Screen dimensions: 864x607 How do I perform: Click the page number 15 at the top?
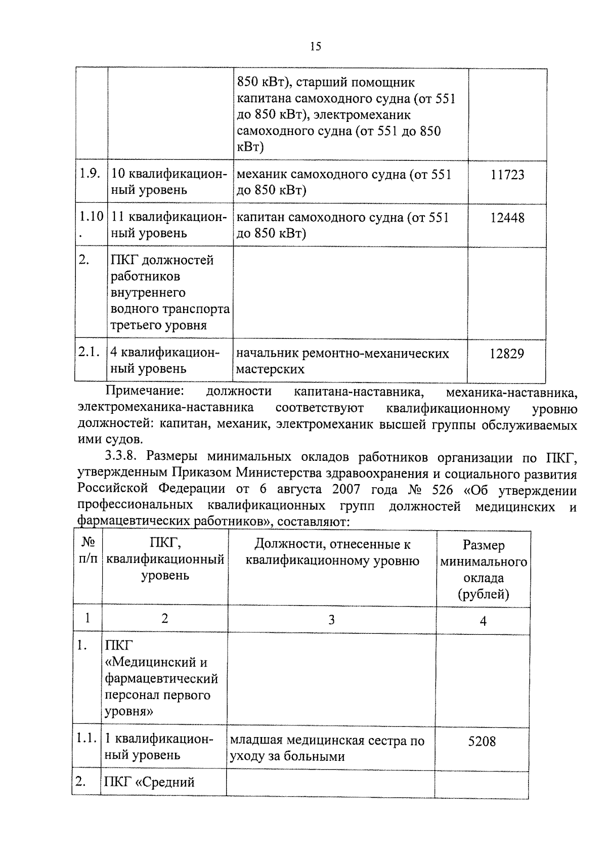click(315, 47)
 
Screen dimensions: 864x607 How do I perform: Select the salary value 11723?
click(507, 175)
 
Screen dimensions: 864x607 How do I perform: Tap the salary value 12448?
click(507, 218)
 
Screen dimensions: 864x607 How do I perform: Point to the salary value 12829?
click(506, 354)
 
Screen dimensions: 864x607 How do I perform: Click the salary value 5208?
click(482, 742)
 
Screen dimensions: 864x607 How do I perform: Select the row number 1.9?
click(89, 174)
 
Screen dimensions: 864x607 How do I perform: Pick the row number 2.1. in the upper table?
click(89, 353)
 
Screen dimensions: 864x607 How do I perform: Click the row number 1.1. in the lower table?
click(86, 739)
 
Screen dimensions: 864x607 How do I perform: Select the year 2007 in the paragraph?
click(346, 490)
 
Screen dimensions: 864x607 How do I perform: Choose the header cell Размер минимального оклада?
click(483, 569)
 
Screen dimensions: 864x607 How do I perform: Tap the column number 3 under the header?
click(331, 620)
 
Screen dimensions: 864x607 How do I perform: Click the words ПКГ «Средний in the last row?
click(149, 783)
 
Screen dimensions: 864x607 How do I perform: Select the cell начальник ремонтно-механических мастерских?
click(342, 361)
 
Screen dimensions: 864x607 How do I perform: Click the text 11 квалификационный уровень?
click(166, 225)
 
